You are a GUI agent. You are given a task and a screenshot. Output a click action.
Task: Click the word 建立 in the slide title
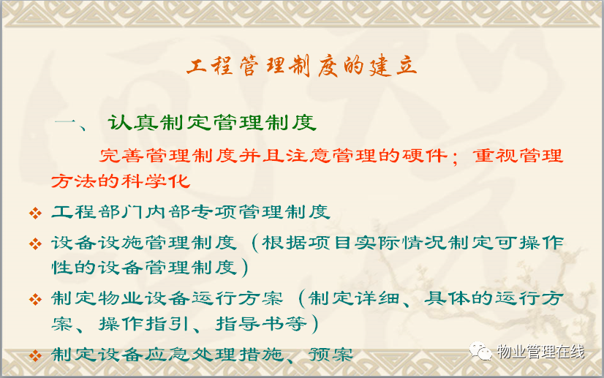point(393,67)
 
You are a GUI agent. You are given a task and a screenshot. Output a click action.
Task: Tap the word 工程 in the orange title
point(210,66)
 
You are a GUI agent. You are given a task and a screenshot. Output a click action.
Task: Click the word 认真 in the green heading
point(133,123)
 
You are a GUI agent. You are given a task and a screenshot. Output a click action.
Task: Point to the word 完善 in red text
point(121,156)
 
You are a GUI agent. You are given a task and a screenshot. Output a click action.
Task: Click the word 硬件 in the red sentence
point(425,156)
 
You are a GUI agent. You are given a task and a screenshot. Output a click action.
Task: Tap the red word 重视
point(495,156)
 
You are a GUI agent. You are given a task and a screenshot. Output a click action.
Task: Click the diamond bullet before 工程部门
point(35,213)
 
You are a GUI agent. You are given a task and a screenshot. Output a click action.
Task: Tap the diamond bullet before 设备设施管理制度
point(35,243)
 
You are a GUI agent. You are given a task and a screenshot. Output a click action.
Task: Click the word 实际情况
point(401,243)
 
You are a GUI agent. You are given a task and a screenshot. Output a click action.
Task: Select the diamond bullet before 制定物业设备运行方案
point(35,299)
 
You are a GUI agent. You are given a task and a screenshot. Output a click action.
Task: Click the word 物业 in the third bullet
point(121,298)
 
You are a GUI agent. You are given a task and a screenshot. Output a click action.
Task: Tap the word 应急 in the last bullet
point(167,355)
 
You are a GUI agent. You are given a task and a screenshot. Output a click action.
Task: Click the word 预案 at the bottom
point(331,355)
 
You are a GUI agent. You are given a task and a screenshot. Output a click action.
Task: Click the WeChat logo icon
point(480,351)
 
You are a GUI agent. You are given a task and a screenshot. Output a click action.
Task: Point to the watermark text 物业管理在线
point(540,352)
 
